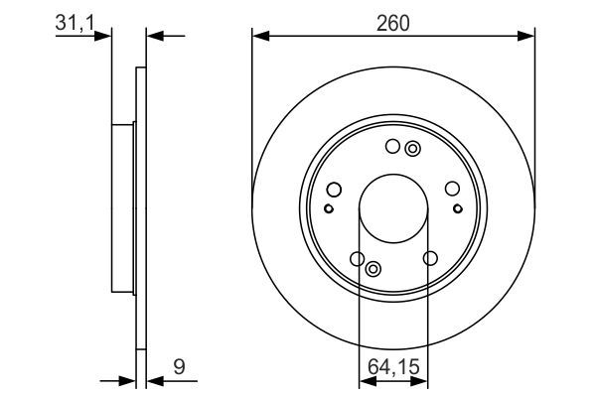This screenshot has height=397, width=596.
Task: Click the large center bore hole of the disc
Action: pos(393,210)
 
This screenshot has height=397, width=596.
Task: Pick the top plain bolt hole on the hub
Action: pos(392,148)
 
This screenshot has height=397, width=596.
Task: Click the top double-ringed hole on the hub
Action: pos(413,150)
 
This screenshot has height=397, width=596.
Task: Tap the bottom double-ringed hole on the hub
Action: pos(373,269)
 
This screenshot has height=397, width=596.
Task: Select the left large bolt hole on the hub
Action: pos(334,190)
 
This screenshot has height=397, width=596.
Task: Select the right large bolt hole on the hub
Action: pos(453,190)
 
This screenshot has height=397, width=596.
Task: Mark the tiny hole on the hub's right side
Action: pos(458,208)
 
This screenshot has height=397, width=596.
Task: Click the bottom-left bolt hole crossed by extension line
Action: pos(358,259)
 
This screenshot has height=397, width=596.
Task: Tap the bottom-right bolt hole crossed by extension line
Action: pos(429,259)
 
